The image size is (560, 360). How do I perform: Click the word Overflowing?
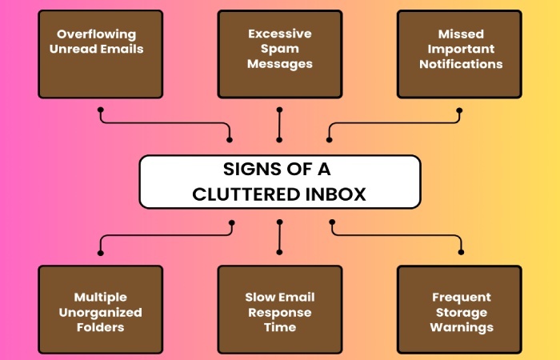pyautogui.click(x=97, y=34)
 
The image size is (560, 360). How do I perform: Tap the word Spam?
pyautogui.click(x=280, y=49)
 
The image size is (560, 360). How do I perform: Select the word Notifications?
pyautogui.click(x=461, y=64)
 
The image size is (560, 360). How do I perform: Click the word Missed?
pyautogui.click(x=461, y=34)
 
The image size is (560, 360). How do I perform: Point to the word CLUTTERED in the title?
pyautogui.click(x=246, y=194)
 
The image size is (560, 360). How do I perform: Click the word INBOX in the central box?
pyautogui.click(x=336, y=194)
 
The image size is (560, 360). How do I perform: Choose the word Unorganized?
pyautogui.click(x=100, y=313)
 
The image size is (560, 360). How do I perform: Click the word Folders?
pyautogui.click(x=100, y=327)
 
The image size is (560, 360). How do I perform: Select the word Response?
pyautogui.click(x=280, y=313)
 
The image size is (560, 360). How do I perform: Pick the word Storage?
pyautogui.click(x=462, y=313)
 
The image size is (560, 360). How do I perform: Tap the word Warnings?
pyautogui.click(x=462, y=327)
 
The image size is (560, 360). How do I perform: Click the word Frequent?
pyautogui.click(x=462, y=297)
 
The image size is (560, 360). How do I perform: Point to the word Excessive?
pyautogui.click(x=280, y=34)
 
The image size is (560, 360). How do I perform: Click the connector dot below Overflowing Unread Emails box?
pyautogui.click(x=101, y=110)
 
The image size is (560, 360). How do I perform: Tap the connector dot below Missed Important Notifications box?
pyautogui.click(x=459, y=110)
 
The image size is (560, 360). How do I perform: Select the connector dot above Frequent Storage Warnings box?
pyautogui.click(x=461, y=252)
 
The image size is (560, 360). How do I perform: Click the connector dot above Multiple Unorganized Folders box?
pyautogui.click(x=100, y=253)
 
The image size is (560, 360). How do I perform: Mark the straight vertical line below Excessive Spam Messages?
pyautogui.click(x=279, y=125)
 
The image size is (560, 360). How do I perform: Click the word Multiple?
pyautogui.click(x=100, y=297)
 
